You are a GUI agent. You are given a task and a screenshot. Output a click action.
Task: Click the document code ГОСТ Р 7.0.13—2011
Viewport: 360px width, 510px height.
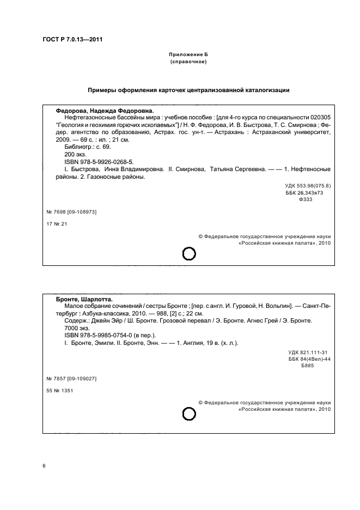72,39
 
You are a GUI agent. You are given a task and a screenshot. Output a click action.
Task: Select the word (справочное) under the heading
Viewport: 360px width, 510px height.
188,62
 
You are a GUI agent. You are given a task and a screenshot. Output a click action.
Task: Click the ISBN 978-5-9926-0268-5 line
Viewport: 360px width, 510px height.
99,162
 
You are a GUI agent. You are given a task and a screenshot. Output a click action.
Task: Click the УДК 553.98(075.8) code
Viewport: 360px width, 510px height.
304,186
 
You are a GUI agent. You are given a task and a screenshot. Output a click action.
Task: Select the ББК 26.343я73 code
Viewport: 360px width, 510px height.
304,193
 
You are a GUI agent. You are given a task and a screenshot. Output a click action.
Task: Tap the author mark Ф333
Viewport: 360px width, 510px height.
306,200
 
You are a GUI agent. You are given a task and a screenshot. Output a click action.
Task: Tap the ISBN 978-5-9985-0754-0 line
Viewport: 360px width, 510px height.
111,336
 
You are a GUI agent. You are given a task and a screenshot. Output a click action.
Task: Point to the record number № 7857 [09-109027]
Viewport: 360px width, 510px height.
72,378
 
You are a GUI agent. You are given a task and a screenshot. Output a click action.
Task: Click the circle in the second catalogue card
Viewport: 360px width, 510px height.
188,416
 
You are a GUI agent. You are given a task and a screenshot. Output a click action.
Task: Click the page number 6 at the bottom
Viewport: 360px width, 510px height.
44,466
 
